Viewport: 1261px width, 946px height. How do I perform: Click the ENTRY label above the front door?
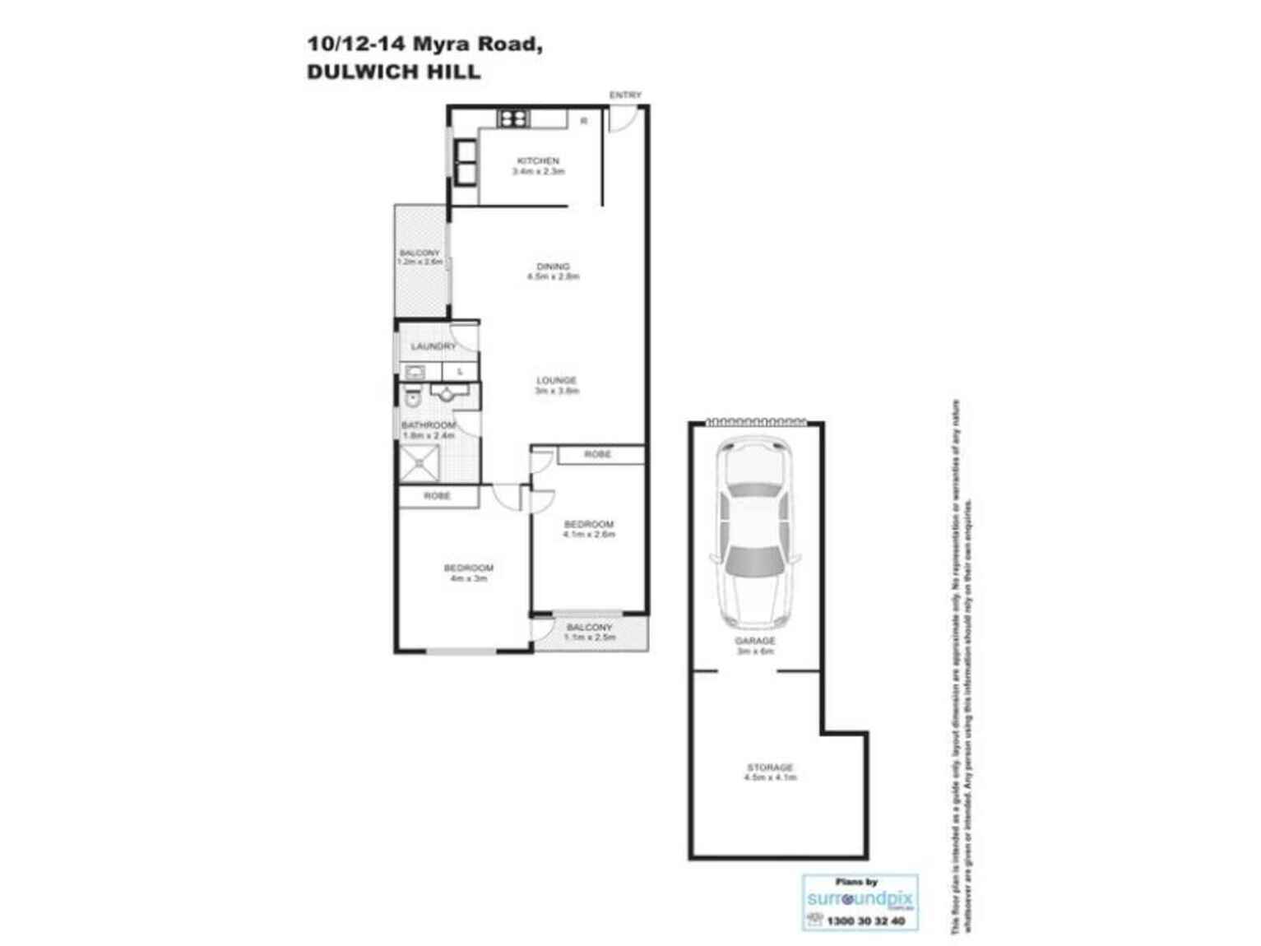click(x=625, y=95)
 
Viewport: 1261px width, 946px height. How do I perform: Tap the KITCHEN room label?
click(x=538, y=161)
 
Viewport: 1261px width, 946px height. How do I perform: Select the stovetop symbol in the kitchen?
click(x=513, y=119)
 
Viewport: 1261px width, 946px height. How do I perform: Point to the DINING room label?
click(x=553, y=267)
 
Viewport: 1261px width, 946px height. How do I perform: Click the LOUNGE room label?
click(x=557, y=380)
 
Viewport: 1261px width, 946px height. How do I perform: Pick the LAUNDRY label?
click(x=433, y=347)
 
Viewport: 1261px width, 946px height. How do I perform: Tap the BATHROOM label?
click(x=429, y=425)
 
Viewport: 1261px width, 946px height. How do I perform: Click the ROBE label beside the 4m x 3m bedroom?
click(x=437, y=496)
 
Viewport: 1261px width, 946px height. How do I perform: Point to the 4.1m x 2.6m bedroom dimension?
click(x=589, y=535)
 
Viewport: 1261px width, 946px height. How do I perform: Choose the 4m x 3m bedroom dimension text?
click(x=469, y=578)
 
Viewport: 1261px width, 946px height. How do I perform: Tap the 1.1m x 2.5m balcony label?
click(x=590, y=637)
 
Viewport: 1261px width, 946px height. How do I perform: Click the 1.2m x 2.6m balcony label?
click(x=420, y=262)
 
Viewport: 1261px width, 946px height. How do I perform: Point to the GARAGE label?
click(x=755, y=641)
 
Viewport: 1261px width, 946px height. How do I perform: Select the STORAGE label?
click(x=770, y=767)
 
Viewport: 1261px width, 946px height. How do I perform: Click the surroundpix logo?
click(x=860, y=898)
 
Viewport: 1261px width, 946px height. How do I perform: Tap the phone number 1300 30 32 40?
click(x=866, y=921)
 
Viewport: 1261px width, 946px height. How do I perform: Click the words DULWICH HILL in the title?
click(x=393, y=72)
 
